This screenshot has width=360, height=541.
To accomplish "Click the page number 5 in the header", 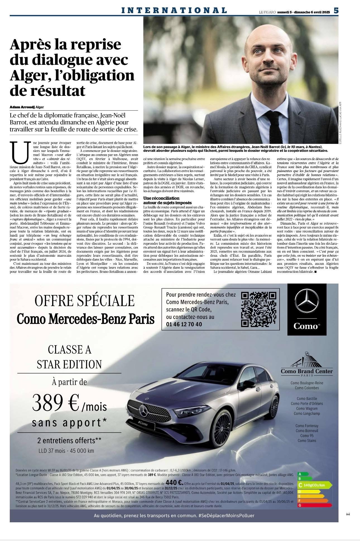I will coord(336,10).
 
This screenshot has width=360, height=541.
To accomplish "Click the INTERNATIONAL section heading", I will coord(174,10).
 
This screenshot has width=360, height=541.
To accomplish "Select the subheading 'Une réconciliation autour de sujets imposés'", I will coord(167,200).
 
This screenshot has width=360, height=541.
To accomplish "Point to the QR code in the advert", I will coord(259,309).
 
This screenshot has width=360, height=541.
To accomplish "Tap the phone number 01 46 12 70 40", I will coord(184,324).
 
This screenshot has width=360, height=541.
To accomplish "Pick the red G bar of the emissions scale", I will coord(315,505).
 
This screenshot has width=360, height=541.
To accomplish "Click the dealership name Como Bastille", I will coord(307,399).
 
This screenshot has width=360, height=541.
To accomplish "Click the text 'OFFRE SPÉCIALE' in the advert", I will coord(85,301).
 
